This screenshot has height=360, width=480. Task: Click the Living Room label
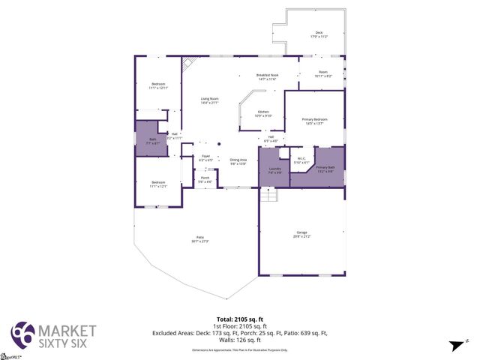click(x=209, y=100)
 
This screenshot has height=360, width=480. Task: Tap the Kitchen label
click(x=262, y=112)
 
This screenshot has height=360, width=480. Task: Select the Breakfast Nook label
click(x=267, y=76)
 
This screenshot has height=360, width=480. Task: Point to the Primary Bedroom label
click(x=314, y=120)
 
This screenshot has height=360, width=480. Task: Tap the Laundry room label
click(x=274, y=169)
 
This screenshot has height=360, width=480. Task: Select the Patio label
click(x=199, y=238)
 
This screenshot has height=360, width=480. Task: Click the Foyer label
click(x=205, y=157)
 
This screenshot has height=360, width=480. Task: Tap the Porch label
click(x=205, y=178)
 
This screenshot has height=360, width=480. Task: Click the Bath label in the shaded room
click(x=153, y=140)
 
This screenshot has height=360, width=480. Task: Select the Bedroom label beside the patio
click(x=158, y=183)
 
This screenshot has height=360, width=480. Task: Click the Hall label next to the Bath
click(x=173, y=135)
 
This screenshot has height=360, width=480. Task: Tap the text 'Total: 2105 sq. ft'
click(x=239, y=318)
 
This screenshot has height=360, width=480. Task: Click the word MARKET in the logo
click(x=67, y=330)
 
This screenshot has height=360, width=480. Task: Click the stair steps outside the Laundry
click(x=268, y=195)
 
